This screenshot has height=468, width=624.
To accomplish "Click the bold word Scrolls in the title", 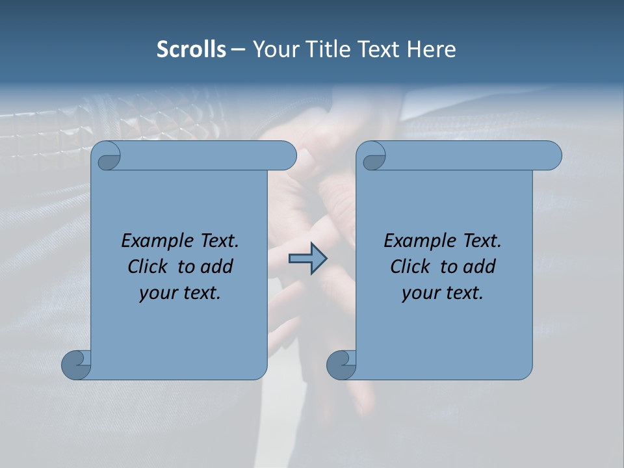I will click(191, 49).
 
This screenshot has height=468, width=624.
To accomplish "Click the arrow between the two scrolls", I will click(307, 259).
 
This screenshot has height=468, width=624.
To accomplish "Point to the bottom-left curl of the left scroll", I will click(76, 365).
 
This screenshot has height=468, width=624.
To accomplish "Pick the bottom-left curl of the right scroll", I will click(341, 365).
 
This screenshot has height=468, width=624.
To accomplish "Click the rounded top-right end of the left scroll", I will click(287, 156).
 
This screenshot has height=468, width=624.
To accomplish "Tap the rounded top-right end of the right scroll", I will click(552, 156).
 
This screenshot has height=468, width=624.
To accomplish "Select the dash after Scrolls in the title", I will click(239, 49).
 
